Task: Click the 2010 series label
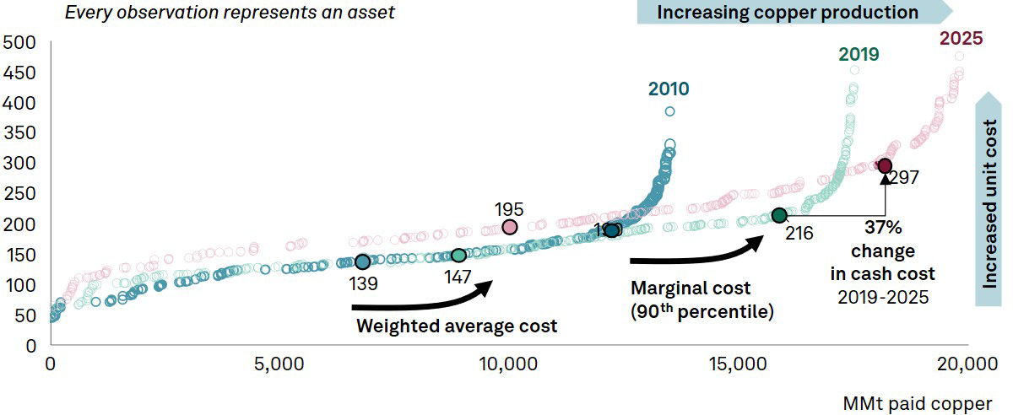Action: [669, 89]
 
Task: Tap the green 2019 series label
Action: [859, 55]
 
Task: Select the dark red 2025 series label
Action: [961, 39]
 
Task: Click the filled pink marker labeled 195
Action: [510, 227]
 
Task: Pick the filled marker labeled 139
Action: [362, 262]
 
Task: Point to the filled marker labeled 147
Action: [458, 256]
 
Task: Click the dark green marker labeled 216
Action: [779, 216]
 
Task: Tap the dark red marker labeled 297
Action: [885, 165]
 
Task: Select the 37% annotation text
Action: [882, 227]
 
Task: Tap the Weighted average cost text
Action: [456, 326]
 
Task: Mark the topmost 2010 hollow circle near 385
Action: [669, 111]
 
